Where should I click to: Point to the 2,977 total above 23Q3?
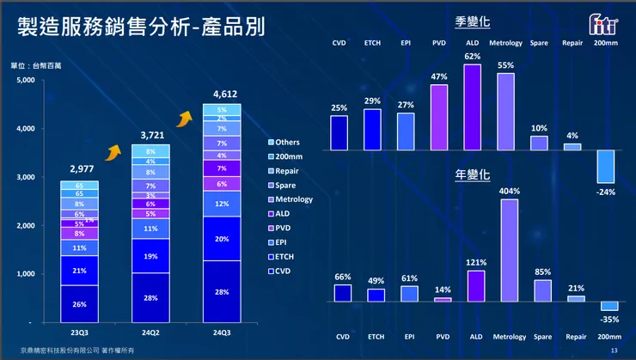click(79, 170)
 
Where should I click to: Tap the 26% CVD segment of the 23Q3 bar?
click(79, 303)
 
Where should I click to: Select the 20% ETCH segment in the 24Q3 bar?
click(222, 239)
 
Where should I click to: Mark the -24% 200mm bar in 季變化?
click(606, 167)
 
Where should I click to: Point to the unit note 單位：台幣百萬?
click(35, 65)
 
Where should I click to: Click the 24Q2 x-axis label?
click(150, 331)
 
